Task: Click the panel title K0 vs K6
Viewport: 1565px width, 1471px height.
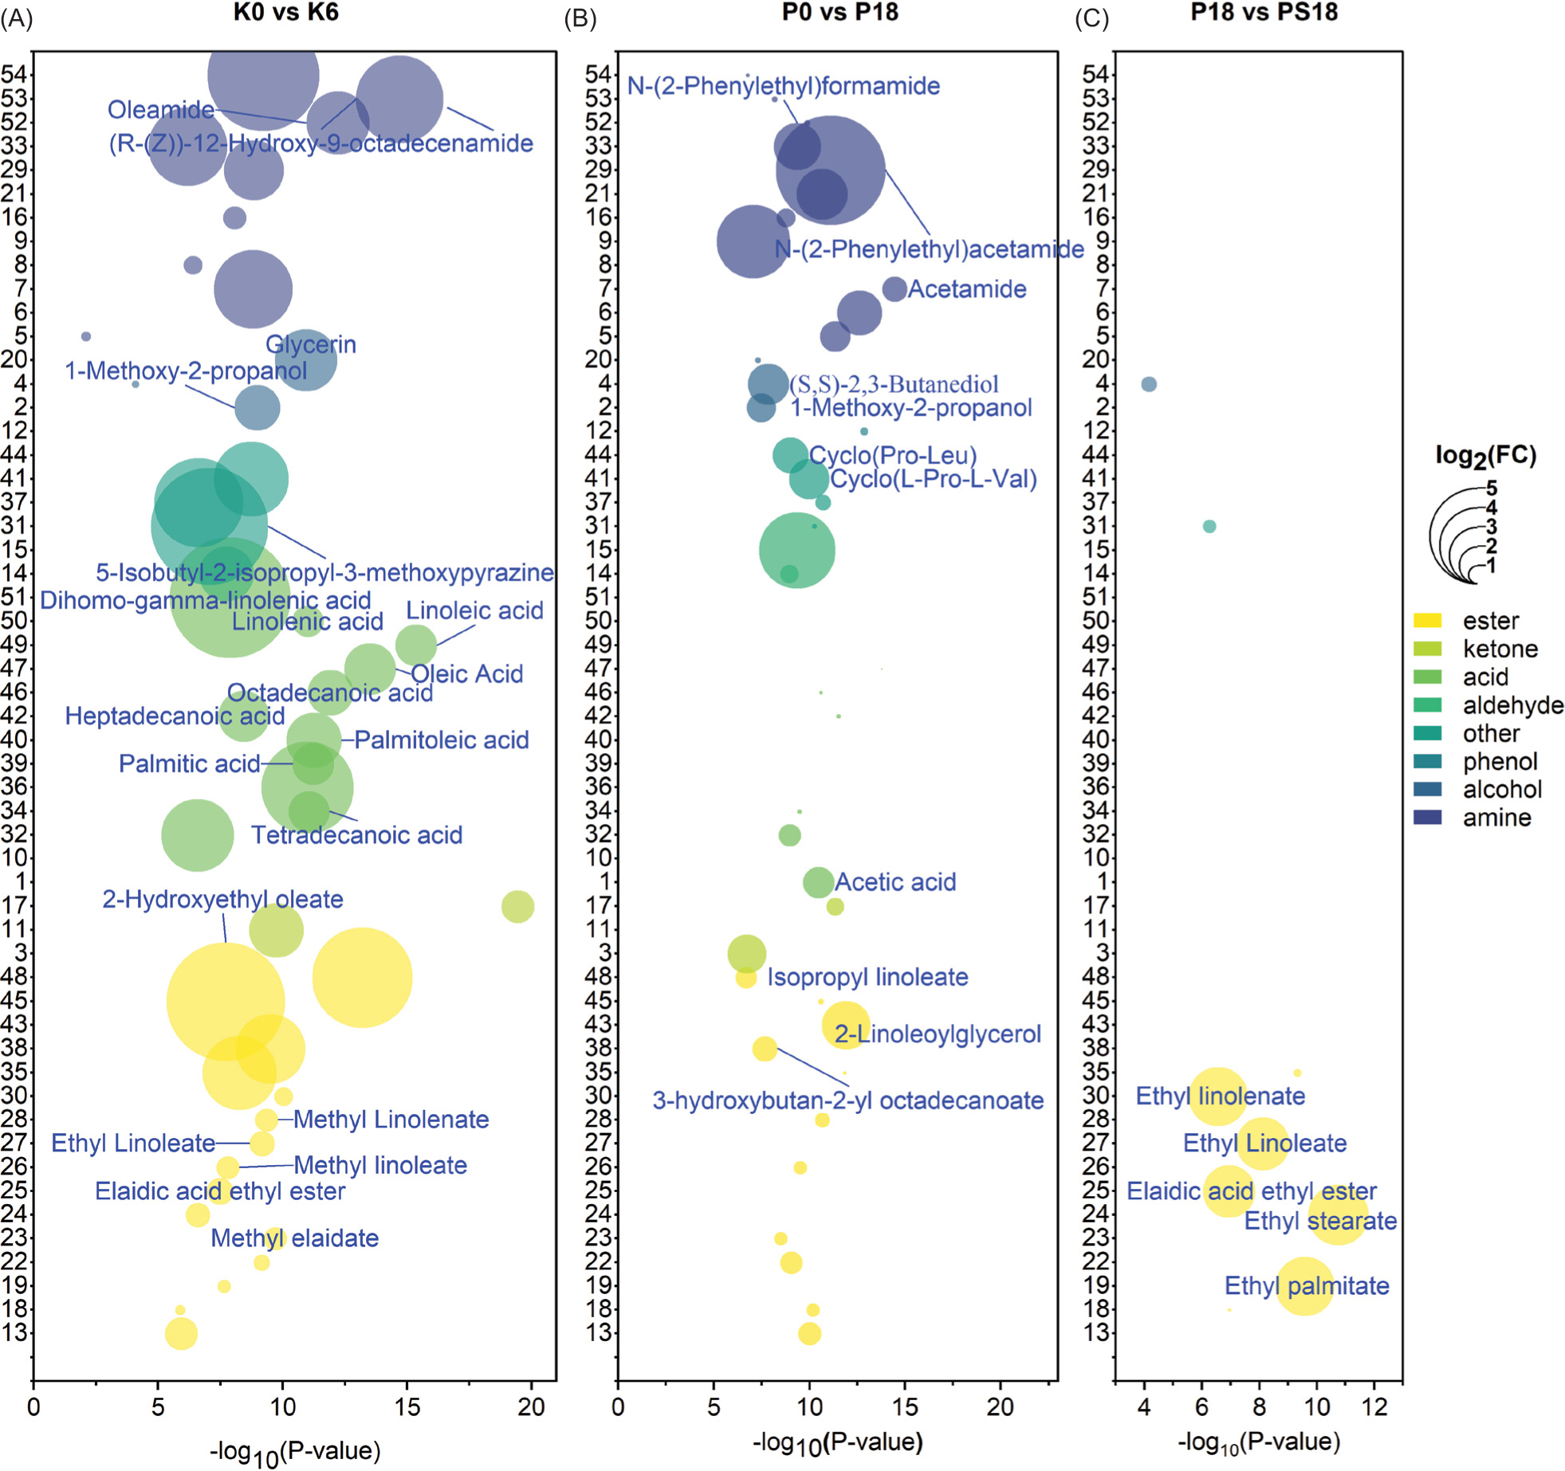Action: click(285, 12)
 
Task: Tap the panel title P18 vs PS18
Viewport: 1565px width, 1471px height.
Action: click(1264, 12)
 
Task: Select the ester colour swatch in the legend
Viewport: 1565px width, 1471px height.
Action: click(1426, 620)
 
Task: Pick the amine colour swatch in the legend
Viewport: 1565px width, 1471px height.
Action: click(1426, 817)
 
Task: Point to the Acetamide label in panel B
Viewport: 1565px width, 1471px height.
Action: click(966, 288)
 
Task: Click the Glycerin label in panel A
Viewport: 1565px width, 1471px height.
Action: click(310, 344)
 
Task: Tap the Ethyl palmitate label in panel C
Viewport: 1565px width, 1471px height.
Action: click(1307, 1285)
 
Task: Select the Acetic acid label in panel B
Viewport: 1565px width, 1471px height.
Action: click(895, 881)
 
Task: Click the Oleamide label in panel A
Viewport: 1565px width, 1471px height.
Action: click(161, 109)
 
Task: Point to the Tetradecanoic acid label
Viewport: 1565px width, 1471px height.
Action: click(356, 834)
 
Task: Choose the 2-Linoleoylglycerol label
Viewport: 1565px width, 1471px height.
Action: click(938, 1034)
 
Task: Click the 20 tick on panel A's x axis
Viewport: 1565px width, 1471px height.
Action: click(531, 1406)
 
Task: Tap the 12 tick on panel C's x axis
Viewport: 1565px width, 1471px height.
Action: click(1374, 1406)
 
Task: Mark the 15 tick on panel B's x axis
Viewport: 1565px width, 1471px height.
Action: click(905, 1406)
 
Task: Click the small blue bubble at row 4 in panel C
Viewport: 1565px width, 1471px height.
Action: click(1148, 384)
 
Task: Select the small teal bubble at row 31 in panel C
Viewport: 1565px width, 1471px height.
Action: click(1209, 526)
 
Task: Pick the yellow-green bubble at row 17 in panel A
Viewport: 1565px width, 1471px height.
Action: click(517, 906)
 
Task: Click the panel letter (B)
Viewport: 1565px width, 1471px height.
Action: click(580, 18)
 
